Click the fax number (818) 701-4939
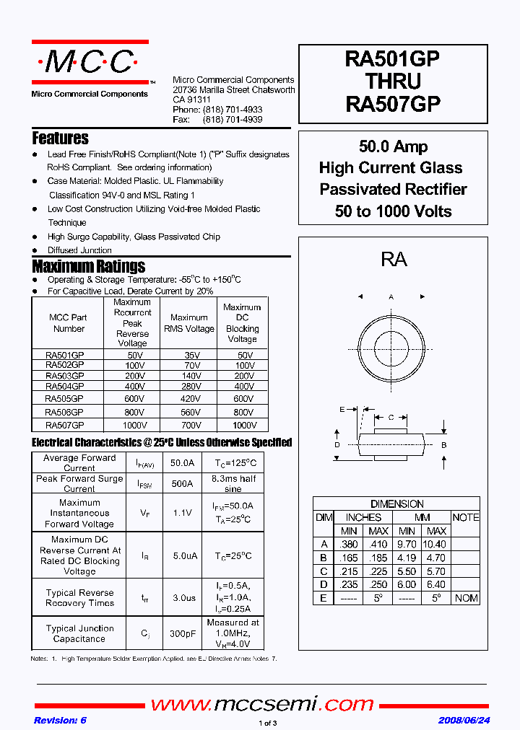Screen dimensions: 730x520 (233, 119)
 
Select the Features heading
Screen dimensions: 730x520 (61, 138)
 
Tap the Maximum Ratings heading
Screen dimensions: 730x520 (89, 266)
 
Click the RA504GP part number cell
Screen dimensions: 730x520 (65, 386)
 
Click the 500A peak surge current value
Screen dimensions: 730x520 (182, 483)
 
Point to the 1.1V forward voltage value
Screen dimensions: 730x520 (182, 513)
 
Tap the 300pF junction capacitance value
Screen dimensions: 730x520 (182, 633)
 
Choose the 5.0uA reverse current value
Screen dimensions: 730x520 (182, 555)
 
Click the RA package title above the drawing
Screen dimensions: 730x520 (394, 260)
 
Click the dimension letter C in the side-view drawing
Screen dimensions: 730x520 (391, 417)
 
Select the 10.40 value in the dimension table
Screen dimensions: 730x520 (433, 544)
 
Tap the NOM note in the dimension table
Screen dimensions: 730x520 (467, 598)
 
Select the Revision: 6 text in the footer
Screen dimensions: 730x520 (60, 720)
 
